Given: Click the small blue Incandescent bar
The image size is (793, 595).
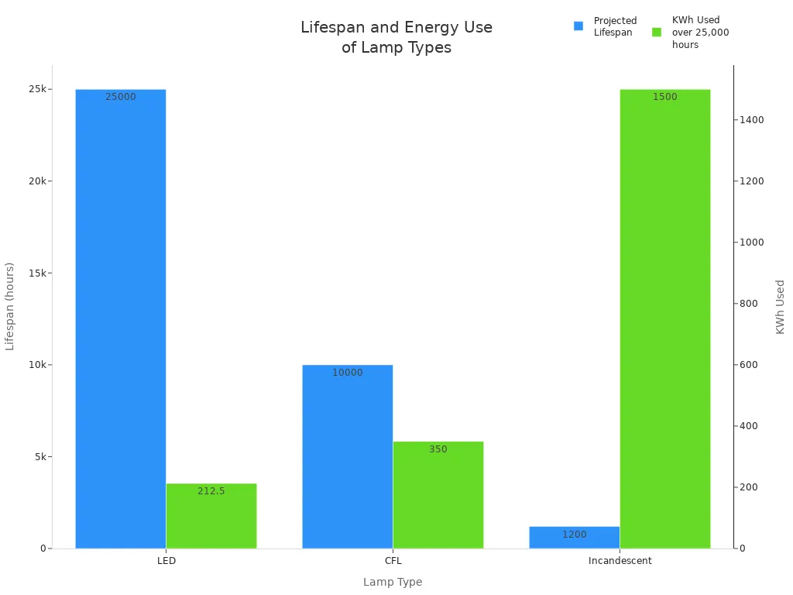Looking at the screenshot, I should [574, 538].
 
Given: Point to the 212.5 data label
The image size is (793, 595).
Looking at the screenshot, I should [211, 491].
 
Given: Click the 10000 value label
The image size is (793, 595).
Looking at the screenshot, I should [347, 373].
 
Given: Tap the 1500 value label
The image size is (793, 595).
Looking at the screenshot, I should [664, 97].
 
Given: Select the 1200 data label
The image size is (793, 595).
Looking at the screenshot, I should [574, 535].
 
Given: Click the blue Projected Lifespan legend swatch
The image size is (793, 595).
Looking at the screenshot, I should [578, 26].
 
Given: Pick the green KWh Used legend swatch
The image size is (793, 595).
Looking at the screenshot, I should [657, 33].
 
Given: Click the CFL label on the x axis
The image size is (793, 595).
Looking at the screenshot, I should [393, 561].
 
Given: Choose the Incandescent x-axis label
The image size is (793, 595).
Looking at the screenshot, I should [620, 561].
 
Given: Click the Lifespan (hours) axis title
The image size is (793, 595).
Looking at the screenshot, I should [10, 306].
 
